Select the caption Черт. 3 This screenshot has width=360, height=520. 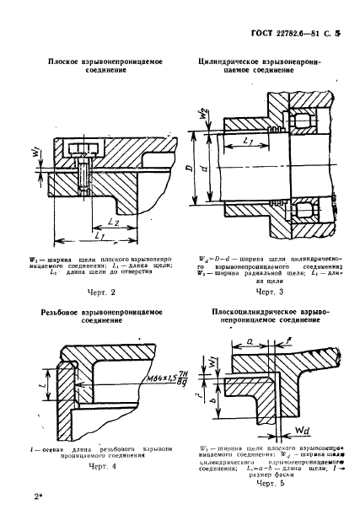click(268, 292)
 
